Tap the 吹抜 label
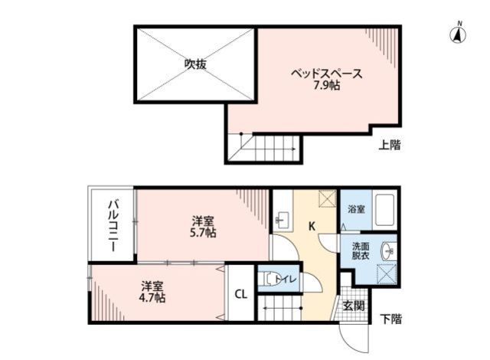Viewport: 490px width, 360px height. pyautogui.click(x=195, y=65)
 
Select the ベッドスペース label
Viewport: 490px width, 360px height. pyautogui.click(x=325, y=74)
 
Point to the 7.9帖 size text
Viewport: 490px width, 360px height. pyautogui.click(x=326, y=86)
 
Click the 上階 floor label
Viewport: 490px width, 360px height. pyautogui.click(x=390, y=144)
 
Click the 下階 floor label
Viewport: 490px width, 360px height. pyautogui.click(x=390, y=319)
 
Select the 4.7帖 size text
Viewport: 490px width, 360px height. pyautogui.click(x=152, y=298)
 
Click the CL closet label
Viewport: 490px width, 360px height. pyautogui.click(x=240, y=294)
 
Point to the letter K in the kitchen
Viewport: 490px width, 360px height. pyautogui.click(x=312, y=226)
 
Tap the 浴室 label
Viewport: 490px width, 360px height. pyautogui.click(x=357, y=208)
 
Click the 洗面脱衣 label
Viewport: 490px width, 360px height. pyautogui.click(x=360, y=251)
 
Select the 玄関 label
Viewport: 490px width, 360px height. pyautogui.click(x=353, y=306)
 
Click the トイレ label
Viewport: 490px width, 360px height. pyautogui.click(x=288, y=280)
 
